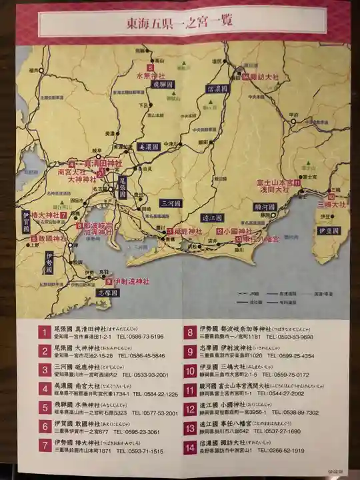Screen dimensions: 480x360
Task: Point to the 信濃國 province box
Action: pyautogui.click(x=217, y=88)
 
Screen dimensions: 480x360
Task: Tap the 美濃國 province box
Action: pyautogui.click(x=149, y=145)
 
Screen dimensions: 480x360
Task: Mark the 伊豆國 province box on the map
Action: pyautogui.click(x=330, y=230)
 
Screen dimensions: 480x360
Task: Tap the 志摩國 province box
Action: pyautogui.click(x=107, y=293)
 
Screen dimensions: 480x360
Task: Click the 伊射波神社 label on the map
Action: pyautogui.click(x=131, y=281)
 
